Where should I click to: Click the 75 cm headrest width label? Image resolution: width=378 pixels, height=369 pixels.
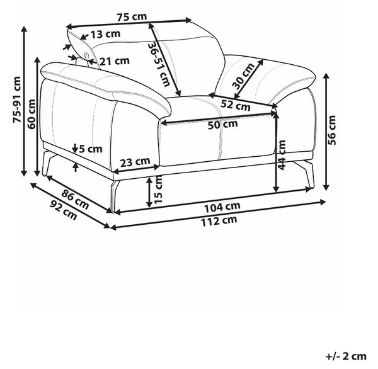pyautogui.click(x=132, y=17)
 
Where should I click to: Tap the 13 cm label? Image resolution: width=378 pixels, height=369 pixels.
pyautogui.click(x=106, y=34)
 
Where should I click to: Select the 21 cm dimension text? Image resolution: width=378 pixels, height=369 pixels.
pyautogui.click(x=115, y=61)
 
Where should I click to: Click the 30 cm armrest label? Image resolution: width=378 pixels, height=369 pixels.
pyautogui.click(x=243, y=76)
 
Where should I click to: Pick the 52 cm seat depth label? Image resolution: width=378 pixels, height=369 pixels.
pyautogui.click(x=236, y=105)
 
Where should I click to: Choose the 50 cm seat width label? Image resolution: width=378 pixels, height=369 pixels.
pyautogui.click(x=223, y=125)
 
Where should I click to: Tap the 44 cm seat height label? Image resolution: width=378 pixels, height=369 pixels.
pyautogui.click(x=282, y=155)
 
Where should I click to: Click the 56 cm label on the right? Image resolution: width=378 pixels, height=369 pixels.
pyautogui.click(x=332, y=130)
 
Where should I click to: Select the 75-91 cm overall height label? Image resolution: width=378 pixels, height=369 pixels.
pyautogui.click(x=17, y=99)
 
